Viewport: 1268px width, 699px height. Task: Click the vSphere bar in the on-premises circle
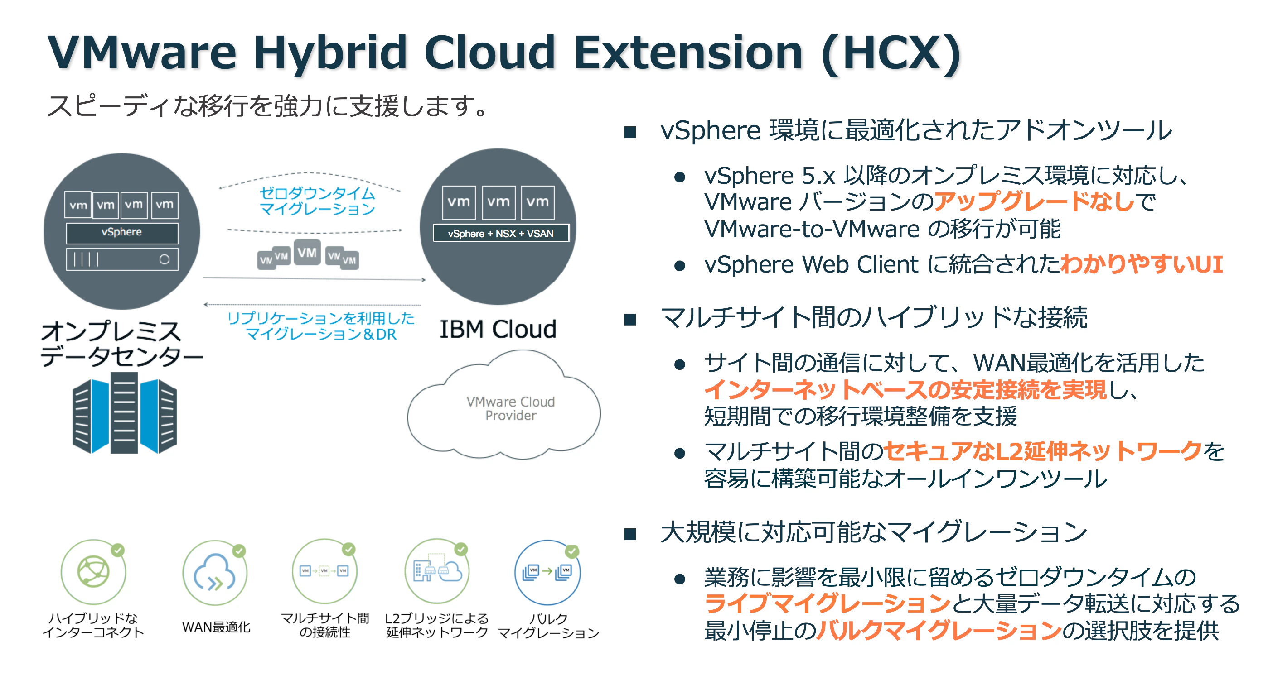122,233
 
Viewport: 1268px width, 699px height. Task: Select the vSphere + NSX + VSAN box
501,233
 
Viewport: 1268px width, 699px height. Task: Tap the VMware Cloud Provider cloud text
510,409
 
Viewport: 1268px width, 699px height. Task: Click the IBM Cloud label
498,329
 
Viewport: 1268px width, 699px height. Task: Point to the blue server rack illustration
124,413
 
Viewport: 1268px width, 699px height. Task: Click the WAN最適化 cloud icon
215,573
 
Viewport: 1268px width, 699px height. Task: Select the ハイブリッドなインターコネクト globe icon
93,572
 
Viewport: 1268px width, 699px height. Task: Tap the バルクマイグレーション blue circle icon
547,573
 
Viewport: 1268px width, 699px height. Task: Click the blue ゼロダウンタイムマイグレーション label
317,201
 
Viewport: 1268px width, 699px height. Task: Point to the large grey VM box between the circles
307,252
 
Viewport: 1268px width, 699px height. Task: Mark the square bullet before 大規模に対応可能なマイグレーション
630,534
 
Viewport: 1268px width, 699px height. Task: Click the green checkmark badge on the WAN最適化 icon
239,551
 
